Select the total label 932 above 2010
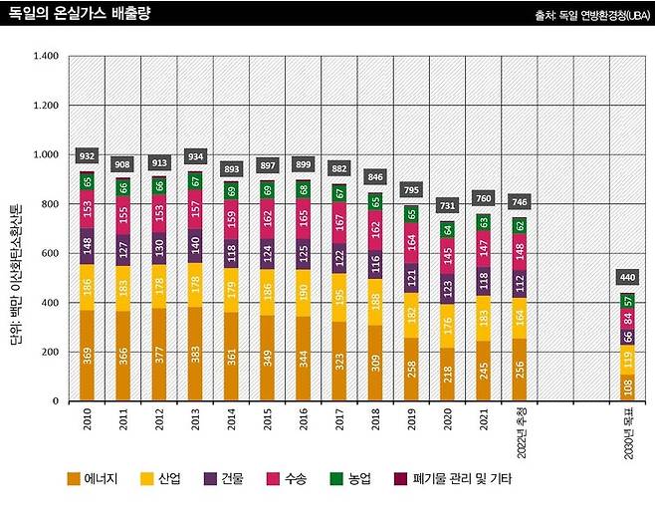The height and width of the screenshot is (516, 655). pyautogui.click(x=87, y=155)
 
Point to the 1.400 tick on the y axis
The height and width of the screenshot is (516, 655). pyautogui.click(x=46, y=56)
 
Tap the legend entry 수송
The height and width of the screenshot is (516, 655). pyautogui.click(x=286, y=479)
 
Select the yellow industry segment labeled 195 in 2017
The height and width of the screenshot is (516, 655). pyautogui.click(x=339, y=298)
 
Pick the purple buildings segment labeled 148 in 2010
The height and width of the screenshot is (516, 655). pyautogui.click(x=87, y=245)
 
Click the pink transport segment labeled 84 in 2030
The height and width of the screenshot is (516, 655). pyautogui.click(x=626, y=319)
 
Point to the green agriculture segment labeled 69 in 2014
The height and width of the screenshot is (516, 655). pyautogui.click(x=231, y=189)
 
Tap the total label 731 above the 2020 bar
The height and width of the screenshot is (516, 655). pyautogui.click(x=447, y=204)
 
